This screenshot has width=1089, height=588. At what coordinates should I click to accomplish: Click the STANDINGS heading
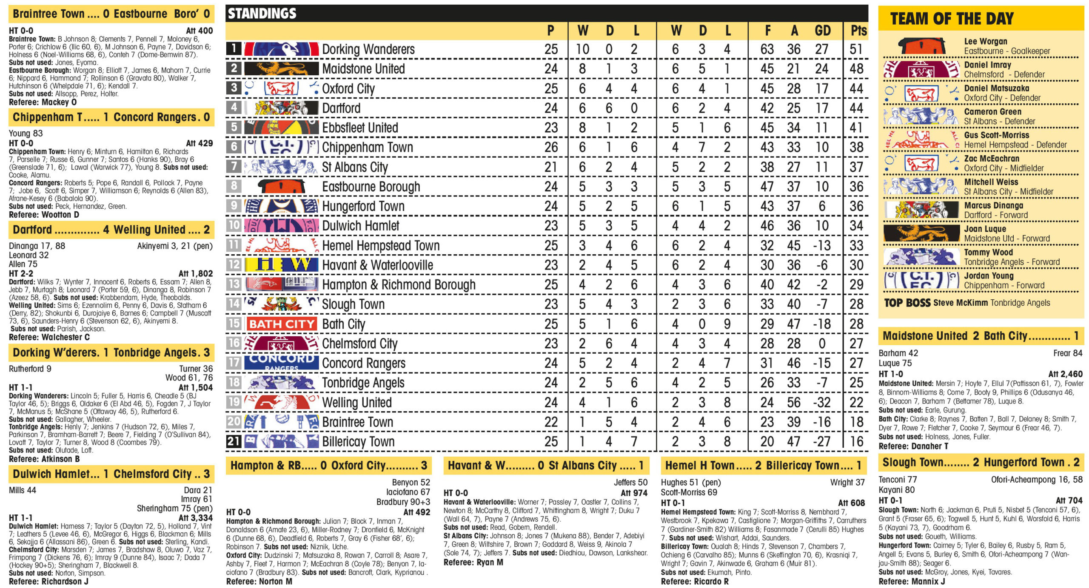262,14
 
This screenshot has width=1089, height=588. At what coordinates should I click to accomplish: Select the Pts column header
858,31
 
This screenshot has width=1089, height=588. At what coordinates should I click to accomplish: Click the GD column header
822,31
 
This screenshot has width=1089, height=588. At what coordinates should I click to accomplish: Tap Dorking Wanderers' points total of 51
856,49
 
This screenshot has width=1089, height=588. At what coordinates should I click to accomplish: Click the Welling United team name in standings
356,402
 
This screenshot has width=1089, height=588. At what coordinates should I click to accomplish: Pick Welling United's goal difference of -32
821,402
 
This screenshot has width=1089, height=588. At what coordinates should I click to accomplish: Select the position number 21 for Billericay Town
234,441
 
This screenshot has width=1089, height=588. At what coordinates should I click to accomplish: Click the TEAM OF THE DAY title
952,19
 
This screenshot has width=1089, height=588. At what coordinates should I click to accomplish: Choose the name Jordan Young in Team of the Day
989,276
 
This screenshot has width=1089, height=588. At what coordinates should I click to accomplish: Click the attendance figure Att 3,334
195,518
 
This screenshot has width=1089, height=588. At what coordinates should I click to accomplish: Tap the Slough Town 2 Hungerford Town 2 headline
981,463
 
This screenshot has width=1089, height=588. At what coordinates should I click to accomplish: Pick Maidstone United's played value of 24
551,69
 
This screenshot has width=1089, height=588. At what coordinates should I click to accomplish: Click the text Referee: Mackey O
43,102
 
